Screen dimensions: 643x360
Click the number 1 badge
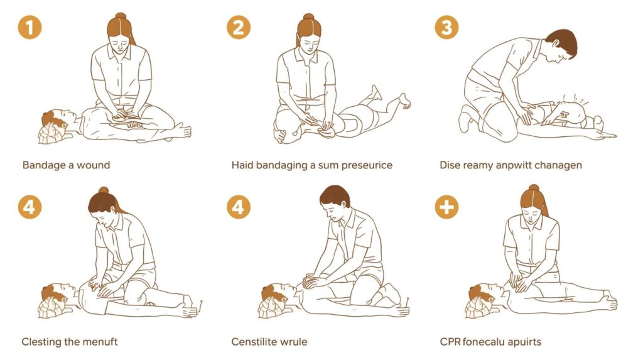tap(30, 28)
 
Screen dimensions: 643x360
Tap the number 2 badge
tap(238, 28)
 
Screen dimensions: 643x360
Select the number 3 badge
tap(446, 28)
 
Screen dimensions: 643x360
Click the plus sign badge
tap(446, 207)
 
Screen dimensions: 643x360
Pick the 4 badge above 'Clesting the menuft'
tap(30, 207)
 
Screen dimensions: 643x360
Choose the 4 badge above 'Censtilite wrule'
tap(238, 207)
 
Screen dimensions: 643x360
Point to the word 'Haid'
tap(242, 165)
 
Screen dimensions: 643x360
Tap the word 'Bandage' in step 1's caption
tap(43, 165)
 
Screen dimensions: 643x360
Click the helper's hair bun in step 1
tap(121, 16)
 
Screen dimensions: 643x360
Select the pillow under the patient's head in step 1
tap(51, 134)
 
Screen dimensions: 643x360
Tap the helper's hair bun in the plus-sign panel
tap(534, 188)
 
